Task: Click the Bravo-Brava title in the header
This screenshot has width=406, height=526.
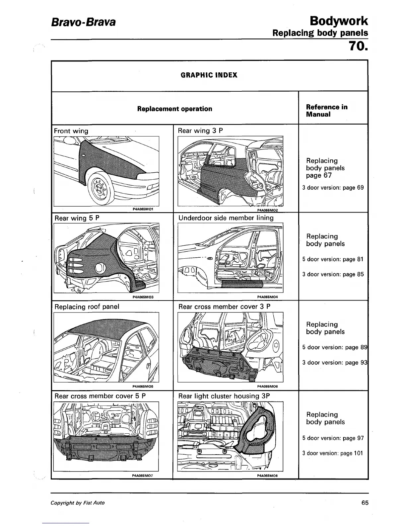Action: click(83, 22)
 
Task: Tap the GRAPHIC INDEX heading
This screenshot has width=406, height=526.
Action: click(209, 75)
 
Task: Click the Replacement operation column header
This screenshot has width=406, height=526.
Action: click(175, 109)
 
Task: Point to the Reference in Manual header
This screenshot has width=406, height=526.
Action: click(327, 111)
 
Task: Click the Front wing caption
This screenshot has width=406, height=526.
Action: click(71, 131)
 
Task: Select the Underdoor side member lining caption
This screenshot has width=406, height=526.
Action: click(226, 218)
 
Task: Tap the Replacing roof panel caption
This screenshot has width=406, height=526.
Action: click(87, 307)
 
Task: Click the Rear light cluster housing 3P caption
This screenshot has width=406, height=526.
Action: click(224, 396)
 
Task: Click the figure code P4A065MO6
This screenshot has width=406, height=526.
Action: click(267, 387)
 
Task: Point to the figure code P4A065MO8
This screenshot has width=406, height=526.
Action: click(267, 476)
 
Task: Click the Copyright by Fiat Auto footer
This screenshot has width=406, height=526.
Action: click(78, 503)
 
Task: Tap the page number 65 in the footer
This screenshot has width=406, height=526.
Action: click(365, 503)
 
